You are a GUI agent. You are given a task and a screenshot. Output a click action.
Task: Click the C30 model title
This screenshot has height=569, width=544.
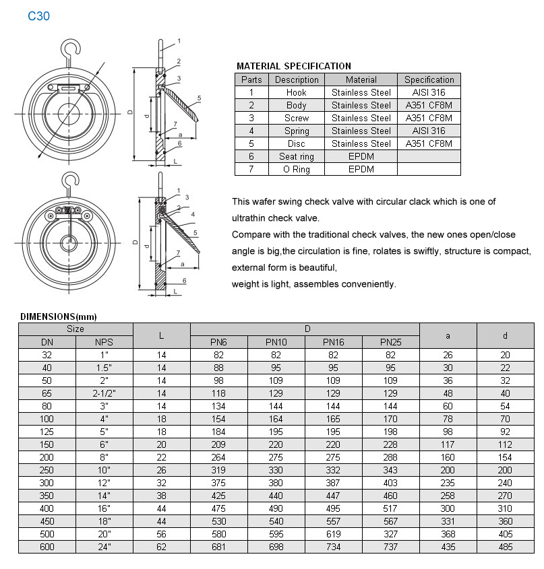pos(38,16)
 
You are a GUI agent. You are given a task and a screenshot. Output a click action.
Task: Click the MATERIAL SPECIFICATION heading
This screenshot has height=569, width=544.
pos(293,66)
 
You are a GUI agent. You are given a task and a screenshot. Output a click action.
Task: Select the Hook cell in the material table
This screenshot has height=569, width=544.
pos(296,92)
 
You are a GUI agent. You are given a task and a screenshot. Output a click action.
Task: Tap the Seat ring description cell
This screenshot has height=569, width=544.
pos(296,156)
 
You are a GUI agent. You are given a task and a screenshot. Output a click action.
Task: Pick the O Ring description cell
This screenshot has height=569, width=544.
pos(296,169)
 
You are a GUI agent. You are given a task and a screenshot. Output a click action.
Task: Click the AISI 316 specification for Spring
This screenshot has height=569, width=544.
pos(429,131)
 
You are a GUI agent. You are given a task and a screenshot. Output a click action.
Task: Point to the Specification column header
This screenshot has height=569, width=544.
pos(429,79)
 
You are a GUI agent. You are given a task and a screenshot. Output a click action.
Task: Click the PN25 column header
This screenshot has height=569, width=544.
pos(390,342)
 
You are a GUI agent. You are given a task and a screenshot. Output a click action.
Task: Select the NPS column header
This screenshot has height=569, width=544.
pos(104,342)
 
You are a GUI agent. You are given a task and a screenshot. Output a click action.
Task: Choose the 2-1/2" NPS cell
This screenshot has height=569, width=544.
pos(104,393)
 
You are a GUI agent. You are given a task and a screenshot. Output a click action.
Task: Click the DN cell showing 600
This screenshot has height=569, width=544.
pos(47,547)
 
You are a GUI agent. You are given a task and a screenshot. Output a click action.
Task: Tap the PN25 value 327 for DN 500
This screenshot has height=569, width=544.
pos(390,534)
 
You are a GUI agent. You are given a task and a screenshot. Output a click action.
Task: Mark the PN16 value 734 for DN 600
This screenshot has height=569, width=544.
pos(333,547)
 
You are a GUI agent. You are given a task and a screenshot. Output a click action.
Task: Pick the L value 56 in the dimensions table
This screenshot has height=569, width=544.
pos(162,534)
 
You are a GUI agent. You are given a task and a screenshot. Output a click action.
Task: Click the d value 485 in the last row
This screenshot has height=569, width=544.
pos(505,547)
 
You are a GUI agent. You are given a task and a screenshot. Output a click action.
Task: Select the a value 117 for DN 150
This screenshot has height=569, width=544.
pos(448,444)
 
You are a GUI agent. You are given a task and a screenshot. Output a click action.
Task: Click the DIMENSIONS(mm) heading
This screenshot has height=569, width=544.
pos(59,316)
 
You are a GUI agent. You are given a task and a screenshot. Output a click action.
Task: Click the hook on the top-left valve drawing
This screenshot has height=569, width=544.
pos(69,48)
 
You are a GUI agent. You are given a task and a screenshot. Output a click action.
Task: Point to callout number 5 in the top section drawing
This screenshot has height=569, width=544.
pos(200,98)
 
